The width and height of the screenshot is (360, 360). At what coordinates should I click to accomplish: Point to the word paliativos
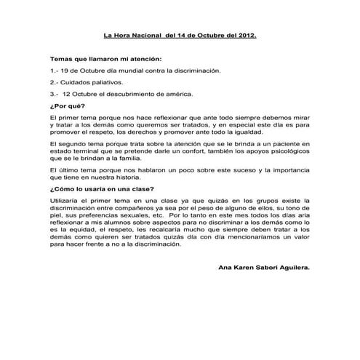pos(113,82)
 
